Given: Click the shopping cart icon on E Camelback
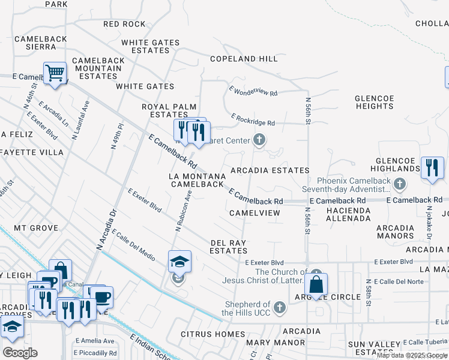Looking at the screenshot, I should click(55, 74).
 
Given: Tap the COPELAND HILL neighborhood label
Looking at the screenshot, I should click(244, 59).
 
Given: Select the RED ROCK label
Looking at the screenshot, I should click(124, 24).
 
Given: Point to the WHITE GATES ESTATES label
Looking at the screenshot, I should click(150, 46).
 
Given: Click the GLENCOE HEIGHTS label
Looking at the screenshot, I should click(374, 102).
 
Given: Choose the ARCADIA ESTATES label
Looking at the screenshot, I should click(270, 171).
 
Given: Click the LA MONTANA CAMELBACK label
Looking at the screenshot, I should click(197, 180).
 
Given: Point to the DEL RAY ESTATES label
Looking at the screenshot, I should click(229, 247).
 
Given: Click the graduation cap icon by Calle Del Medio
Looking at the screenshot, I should click(179, 262).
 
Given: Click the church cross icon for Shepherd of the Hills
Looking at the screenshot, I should click(279, 308).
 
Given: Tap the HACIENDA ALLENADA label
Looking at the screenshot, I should click(348, 214).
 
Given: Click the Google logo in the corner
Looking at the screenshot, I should click(20, 353).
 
